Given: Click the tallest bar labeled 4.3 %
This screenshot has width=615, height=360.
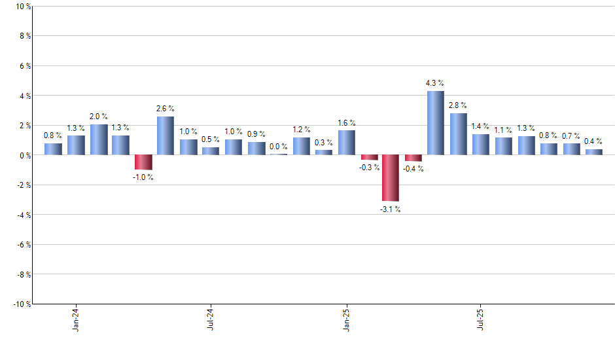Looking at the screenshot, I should pyautogui.click(x=436, y=123).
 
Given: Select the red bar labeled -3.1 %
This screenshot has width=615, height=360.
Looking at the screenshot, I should pyautogui.click(x=391, y=178).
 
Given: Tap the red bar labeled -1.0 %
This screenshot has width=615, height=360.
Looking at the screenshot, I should pyautogui.click(x=143, y=162).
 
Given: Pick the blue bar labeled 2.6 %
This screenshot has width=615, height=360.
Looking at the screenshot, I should pyautogui.click(x=166, y=135).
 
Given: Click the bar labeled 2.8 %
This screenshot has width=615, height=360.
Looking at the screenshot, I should pyautogui.click(x=458, y=134).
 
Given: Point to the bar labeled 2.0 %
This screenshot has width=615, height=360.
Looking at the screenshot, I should pyautogui.click(x=98, y=140).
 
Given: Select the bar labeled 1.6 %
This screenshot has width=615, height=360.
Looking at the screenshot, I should pyautogui.click(x=347, y=143).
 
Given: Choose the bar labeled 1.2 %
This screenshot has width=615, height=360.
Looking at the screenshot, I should pyautogui.click(x=302, y=146).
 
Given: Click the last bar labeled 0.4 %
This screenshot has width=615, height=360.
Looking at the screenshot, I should pyautogui.click(x=593, y=152).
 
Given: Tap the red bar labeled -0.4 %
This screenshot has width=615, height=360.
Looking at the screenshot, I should pyautogui.click(x=413, y=158).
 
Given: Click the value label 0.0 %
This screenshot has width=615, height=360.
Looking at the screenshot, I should pyautogui.click(x=279, y=147).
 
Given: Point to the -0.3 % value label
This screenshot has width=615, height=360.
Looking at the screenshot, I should pyautogui.click(x=370, y=168).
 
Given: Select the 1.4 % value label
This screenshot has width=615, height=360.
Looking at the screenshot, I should pyautogui.click(x=480, y=126).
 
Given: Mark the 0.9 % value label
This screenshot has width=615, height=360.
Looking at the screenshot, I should pyautogui.click(x=256, y=134).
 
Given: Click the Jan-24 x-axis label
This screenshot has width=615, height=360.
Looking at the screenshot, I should pyautogui.click(x=76, y=319).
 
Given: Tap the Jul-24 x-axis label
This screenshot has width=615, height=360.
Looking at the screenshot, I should pyautogui.click(x=211, y=319).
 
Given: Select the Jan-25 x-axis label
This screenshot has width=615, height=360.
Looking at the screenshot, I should pyautogui.click(x=346, y=319).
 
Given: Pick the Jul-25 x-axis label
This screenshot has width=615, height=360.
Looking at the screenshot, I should pyautogui.click(x=481, y=319).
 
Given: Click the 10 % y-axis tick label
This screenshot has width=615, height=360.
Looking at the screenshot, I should pyautogui.click(x=22, y=7).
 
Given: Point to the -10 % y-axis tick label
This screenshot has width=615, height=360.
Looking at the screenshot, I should pyautogui.click(x=21, y=304).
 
